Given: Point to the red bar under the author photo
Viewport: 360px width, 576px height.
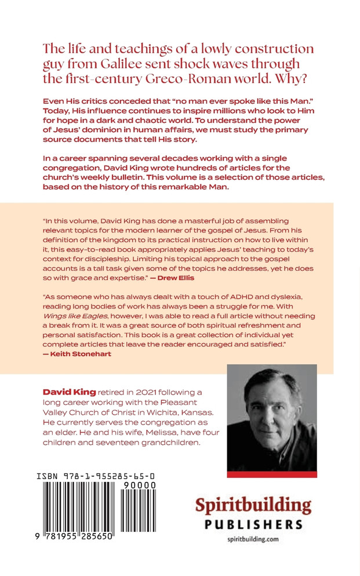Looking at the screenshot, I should click(x=272, y=473).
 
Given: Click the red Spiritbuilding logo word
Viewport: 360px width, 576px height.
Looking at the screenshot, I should click(x=253, y=505).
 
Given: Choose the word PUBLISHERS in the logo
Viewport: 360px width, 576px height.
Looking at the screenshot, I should click(x=253, y=524).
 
